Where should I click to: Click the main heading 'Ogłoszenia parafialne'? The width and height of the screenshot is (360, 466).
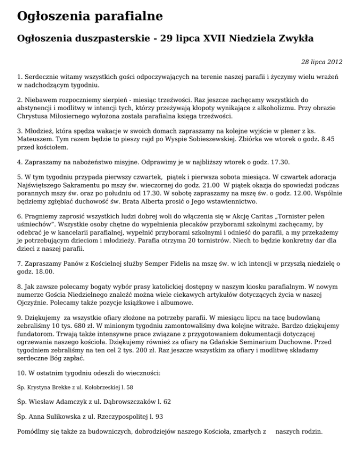[90, 16]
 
